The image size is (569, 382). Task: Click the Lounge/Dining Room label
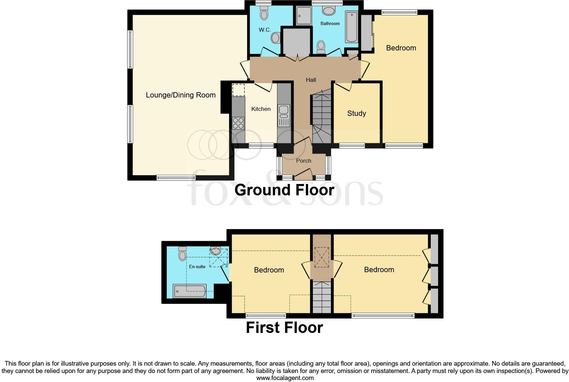point(181,95)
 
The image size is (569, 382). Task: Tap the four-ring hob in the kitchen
point(238,123)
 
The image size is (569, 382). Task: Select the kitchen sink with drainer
point(284,116)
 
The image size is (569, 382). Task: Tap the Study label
point(356,114)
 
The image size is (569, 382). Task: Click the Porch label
point(304,161)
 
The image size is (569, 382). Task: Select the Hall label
point(311,80)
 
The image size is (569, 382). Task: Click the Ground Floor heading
point(284,190)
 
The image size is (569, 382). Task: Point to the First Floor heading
point(284,328)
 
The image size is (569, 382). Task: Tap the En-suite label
point(197,266)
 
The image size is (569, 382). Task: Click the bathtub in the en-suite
point(189,291)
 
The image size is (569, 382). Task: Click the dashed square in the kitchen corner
point(238,90)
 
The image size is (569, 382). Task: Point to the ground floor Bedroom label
point(401,48)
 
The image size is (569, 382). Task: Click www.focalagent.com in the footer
point(285,378)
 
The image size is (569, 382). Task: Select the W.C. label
point(265,30)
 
